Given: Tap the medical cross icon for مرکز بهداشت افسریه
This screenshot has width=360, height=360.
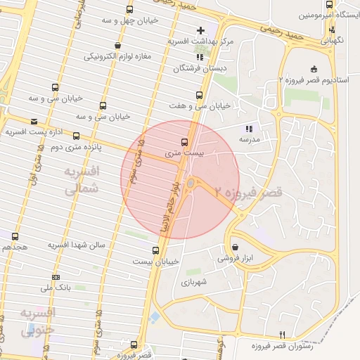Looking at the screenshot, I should point(201,30).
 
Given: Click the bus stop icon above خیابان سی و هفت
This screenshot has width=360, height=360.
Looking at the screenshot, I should point(200,94).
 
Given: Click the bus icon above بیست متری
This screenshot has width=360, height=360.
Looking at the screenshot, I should point(185,141).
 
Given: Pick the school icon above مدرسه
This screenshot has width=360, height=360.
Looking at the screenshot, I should point(248,129).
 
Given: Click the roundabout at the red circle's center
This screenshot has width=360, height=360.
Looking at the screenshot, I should point(191,184).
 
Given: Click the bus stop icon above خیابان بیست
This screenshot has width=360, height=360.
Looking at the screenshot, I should point(156,250).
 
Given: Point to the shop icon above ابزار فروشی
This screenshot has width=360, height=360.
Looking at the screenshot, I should point(234,247).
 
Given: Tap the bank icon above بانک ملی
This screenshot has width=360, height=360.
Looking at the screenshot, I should point(56,276).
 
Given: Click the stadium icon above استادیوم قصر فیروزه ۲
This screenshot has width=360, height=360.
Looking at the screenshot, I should point(313,68).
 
